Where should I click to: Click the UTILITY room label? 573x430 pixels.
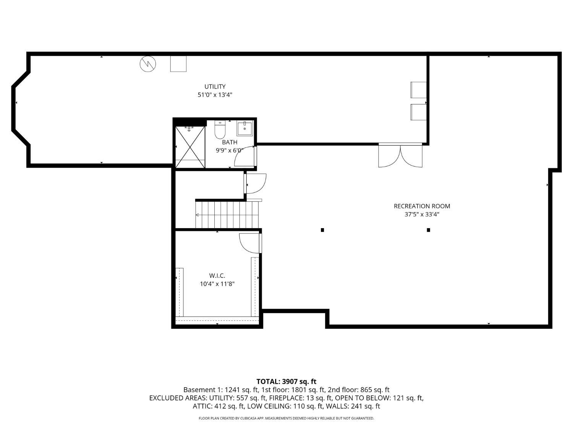[x=215, y=86]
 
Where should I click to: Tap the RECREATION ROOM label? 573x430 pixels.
[x=422, y=206]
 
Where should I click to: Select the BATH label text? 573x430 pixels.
[x=230, y=142]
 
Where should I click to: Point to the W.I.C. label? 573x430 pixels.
[x=217, y=276]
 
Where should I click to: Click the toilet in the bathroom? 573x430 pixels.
[x=220, y=129]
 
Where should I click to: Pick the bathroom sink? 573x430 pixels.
[x=244, y=128]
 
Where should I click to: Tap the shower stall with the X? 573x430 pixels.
[x=190, y=147]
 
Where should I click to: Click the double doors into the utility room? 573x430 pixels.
[x=400, y=155]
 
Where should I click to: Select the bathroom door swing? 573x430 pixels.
[x=244, y=156]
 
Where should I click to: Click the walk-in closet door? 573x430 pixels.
[x=250, y=243]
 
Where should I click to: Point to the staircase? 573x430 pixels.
[x=227, y=214]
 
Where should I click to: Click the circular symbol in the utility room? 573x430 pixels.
[x=148, y=64]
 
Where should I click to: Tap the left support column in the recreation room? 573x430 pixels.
[x=322, y=230]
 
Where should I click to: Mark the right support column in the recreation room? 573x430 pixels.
[x=428, y=230]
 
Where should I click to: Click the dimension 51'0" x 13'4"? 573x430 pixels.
[x=215, y=95]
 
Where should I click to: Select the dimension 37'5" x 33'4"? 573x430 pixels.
[x=422, y=214]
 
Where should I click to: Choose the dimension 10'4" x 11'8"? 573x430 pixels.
[x=217, y=284]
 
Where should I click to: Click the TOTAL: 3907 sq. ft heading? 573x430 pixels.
[x=286, y=382]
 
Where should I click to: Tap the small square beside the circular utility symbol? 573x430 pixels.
[x=178, y=64]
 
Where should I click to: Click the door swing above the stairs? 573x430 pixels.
[x=255, y=183]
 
